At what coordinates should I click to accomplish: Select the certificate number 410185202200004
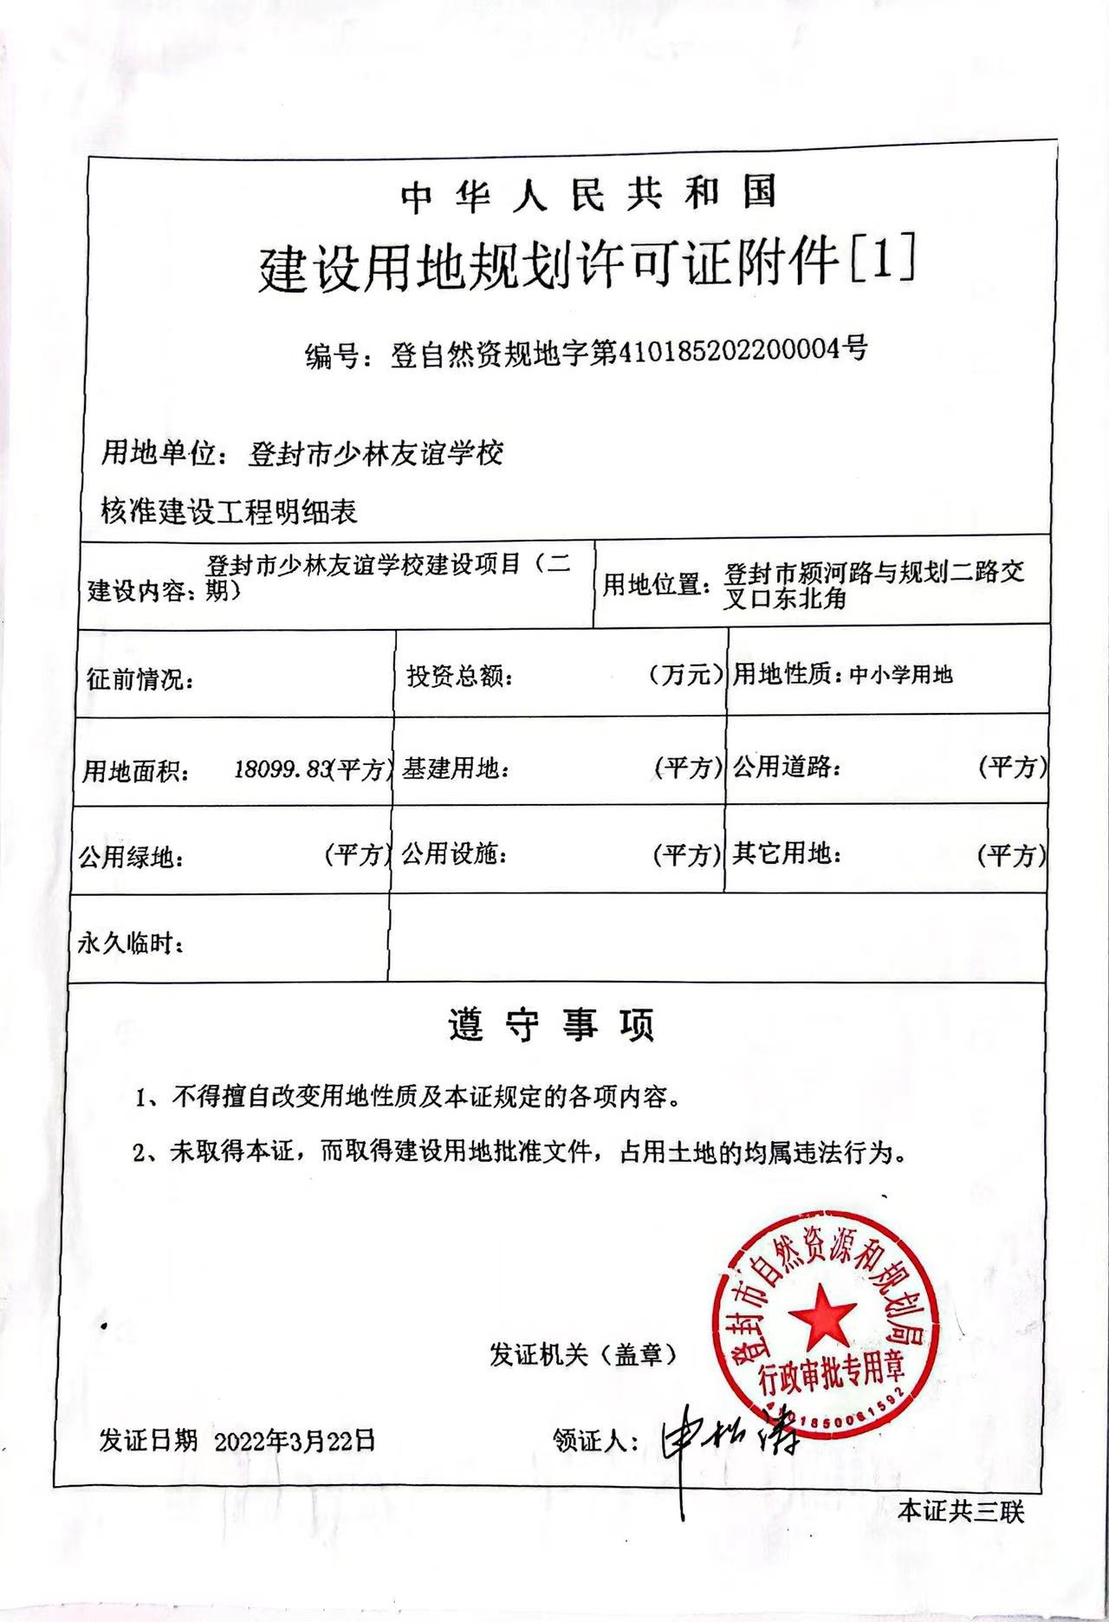728,351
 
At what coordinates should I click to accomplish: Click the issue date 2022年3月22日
295,1440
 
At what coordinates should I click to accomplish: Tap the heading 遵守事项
552,1025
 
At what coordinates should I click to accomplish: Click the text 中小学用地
901,675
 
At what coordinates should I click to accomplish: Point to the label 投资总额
458,677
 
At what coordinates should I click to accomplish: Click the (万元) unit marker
685,675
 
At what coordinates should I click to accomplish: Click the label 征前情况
139,678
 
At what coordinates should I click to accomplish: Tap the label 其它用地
786,854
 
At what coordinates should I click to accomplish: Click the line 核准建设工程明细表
230,511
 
